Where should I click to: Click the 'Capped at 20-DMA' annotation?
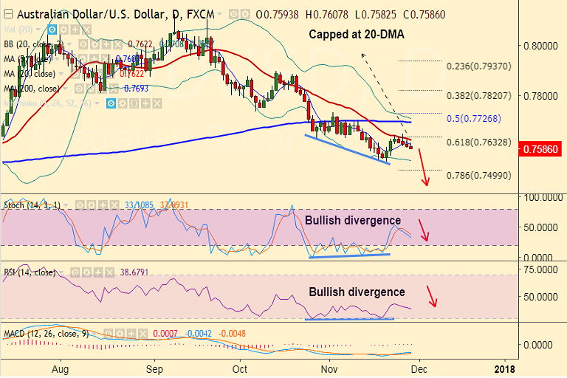tap(356, 34)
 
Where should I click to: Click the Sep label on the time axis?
tap(154, 367)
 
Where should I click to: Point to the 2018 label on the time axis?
tap(504, 367)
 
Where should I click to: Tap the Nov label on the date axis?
tap(329, 367)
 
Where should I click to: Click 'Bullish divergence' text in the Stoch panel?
tap(353, 220)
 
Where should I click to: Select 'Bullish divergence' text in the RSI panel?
tap(357, 292)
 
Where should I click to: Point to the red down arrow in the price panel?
tap(423, 168)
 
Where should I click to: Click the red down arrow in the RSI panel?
tap(433, 295)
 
